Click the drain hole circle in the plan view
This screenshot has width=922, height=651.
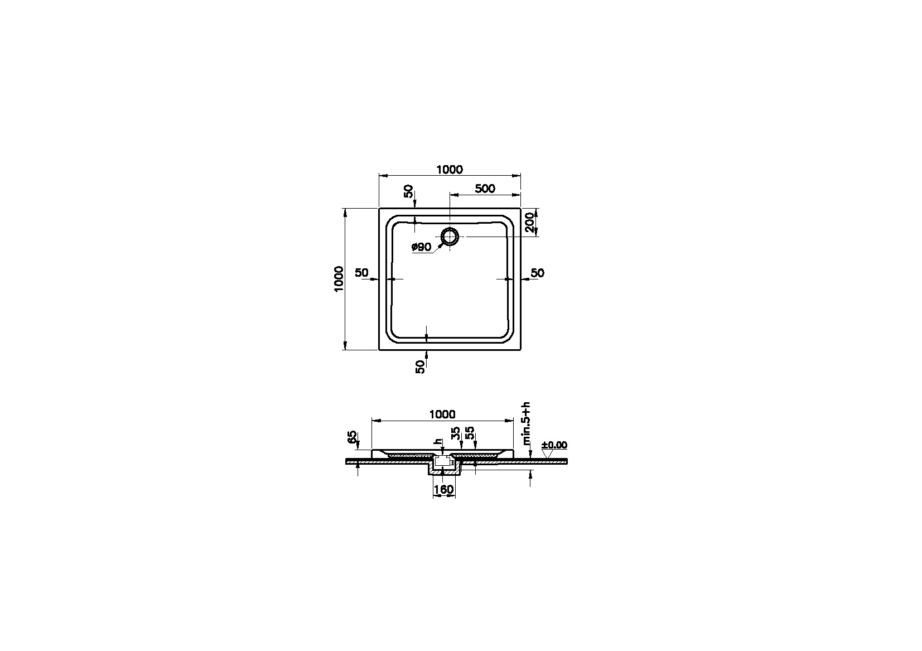(449, 237)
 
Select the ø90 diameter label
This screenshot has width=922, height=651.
(422, 247)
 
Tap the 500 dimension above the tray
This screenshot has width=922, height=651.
(485, 189)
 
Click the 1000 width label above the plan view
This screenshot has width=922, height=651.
(450, 170)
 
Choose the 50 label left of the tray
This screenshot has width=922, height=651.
(361, 273)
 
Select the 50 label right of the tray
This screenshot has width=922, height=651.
(537, 273)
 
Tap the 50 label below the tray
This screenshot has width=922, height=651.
(420, 366)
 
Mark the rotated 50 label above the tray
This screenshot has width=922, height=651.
(409, 191)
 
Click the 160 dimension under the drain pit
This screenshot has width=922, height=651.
(444, 490)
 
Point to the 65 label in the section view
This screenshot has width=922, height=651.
(352, 437)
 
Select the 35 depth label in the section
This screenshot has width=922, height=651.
(456, 433)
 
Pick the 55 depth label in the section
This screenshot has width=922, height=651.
(470, 433)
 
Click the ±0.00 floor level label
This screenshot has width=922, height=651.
(554, 445)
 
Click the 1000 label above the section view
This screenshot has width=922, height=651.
(442, 414)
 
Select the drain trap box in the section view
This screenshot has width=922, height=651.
(442, 461)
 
